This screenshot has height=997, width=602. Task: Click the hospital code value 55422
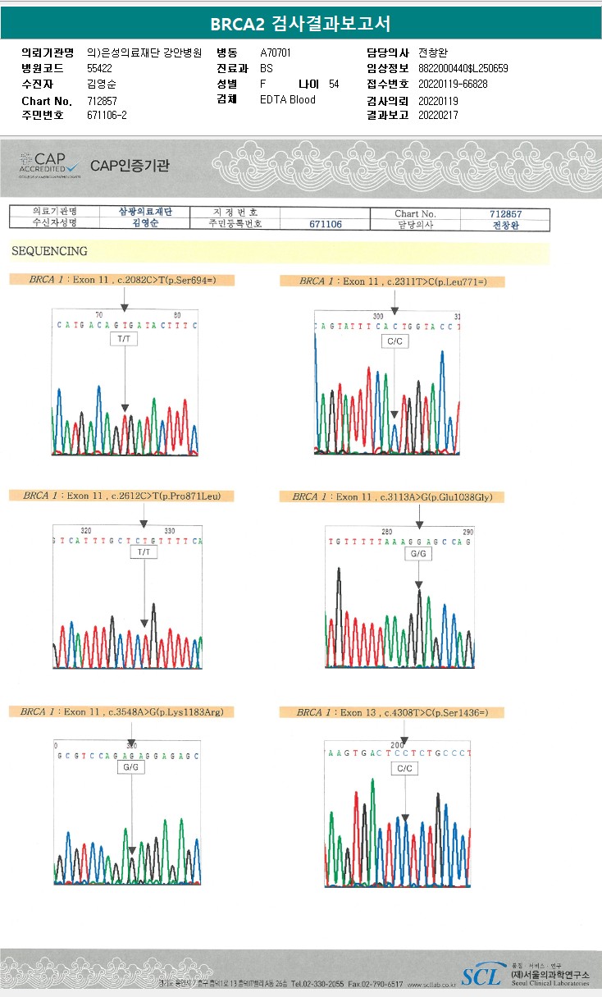[x=99, y=68]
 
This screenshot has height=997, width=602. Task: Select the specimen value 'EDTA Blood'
[x=287, y=99]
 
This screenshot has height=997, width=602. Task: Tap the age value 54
[x=333, y=84]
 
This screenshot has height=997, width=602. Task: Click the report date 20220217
[x=438, y=115]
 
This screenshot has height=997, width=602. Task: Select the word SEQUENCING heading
[x=49, y=251]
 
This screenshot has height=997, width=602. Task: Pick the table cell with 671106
[x=325, y=224]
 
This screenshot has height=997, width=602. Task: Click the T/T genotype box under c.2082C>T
[x=124, y=338]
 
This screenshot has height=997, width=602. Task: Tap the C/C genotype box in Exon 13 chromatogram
[x=404, y=768]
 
